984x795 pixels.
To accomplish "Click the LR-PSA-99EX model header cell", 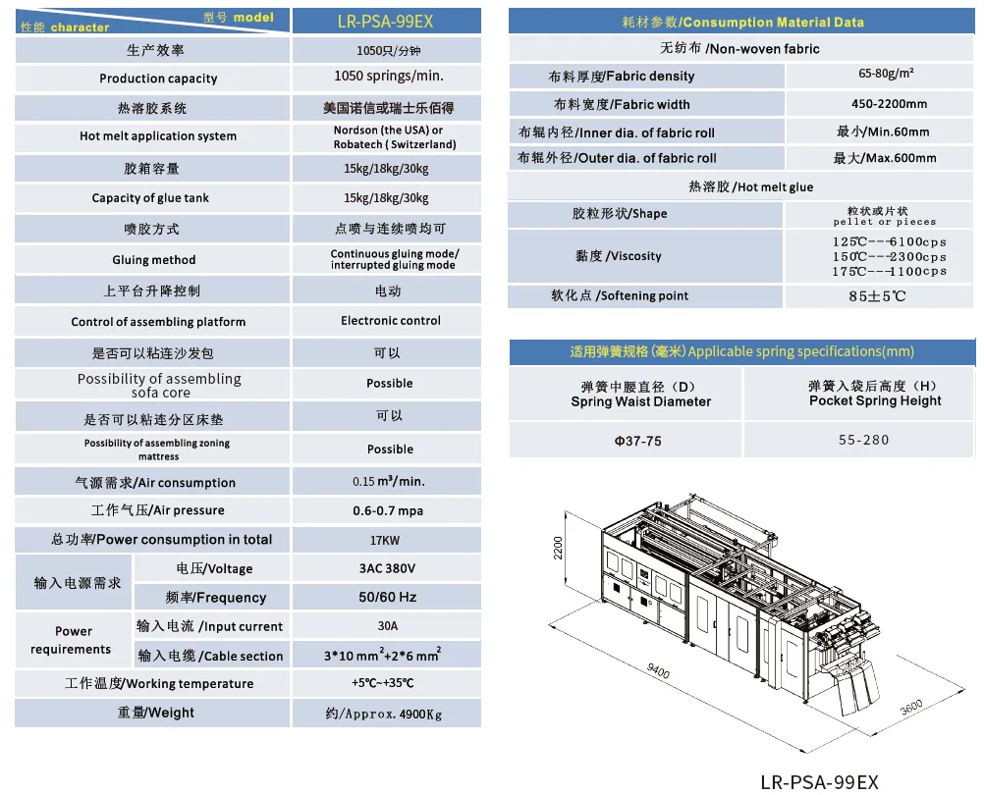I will [387, 20].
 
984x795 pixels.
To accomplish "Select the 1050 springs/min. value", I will [389, 76].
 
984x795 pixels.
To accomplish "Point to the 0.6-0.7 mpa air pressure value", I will [388, 510].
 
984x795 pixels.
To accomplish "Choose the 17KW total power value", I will [388, 540].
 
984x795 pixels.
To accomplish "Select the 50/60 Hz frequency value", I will [388, 597].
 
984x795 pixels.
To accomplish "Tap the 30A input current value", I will [388, 626].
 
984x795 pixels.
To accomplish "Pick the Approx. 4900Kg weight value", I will [388, 714].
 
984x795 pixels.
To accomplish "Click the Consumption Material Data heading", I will [742, 22].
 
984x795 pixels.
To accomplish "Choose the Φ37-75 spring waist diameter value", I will [637, 442].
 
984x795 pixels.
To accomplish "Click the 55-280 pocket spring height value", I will [864, 440].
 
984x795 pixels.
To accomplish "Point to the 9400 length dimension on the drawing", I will [658, 672].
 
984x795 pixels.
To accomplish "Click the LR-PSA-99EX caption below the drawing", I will [819, 781].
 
